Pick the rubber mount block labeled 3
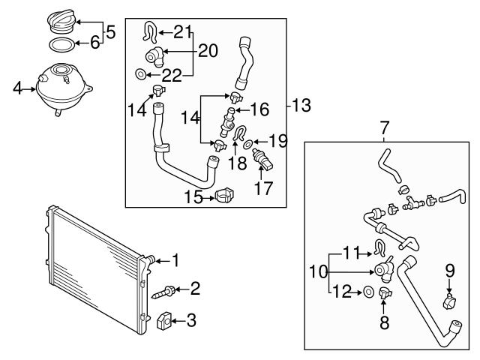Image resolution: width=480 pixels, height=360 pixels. click(166, 322)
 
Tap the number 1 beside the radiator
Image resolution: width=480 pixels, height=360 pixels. click(175, 260)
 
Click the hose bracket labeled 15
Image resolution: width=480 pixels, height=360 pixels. click(223, 196)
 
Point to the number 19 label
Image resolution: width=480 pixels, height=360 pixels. click(277, 139)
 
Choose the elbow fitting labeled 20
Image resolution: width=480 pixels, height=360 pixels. click(156, 55)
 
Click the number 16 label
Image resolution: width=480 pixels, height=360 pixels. click(259, 109)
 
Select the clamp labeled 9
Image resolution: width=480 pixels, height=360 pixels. click(450, 302)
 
